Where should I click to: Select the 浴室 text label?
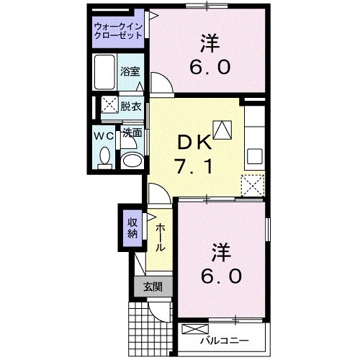tap(131, 72)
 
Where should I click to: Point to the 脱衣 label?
tap(130, 106)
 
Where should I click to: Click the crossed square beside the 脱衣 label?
tap(109, 105)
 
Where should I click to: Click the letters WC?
tap(104, 134)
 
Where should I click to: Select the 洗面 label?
tap(131, 134)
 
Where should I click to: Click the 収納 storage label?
tap(133, 228)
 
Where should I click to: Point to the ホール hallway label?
tap(160, 235)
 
